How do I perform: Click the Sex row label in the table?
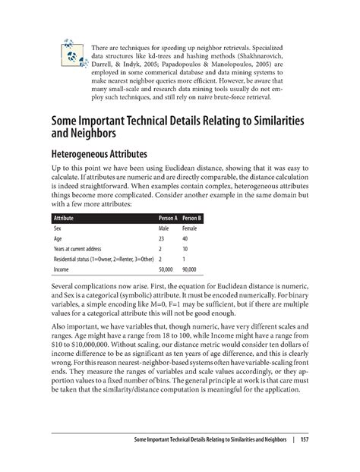(x=57, y=227)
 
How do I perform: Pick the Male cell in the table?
(x=163, y=227)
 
